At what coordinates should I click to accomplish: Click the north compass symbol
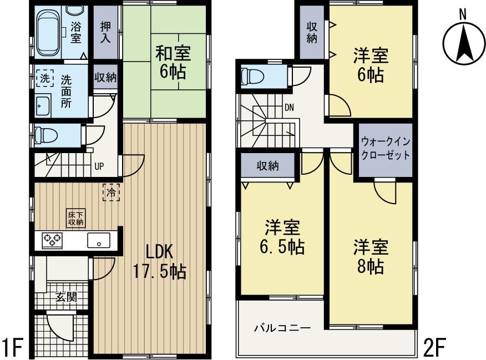tap(463, 43)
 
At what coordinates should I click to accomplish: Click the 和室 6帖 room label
tap(173, 63)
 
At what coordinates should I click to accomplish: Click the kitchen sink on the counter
tap(99, 241)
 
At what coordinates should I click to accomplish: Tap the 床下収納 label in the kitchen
tap(75, 218)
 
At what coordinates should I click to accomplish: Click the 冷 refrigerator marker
tap(111, 192)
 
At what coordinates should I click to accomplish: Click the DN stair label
tap(289, 108)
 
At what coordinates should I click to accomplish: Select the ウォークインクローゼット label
tap(386, 148)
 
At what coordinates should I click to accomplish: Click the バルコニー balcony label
tap(282, 327)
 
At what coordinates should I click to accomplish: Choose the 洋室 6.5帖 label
tap(283, 237)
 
